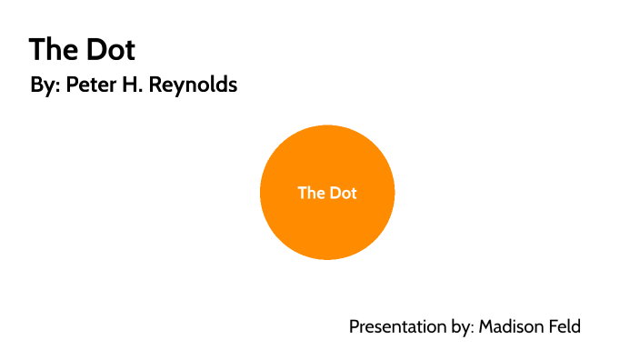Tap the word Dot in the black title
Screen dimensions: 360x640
coord(107,49)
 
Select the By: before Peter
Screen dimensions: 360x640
coord(45,86)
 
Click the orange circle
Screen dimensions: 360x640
coord(327,223)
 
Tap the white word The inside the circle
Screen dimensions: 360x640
coord(311,193)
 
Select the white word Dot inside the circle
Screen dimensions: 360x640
coord(343,193)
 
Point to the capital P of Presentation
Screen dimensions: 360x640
coord(355,326)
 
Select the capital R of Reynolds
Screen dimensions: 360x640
coord(159,86)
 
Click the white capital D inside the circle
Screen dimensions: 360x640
coord(334,193)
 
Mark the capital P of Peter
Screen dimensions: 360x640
coord(72,86)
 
